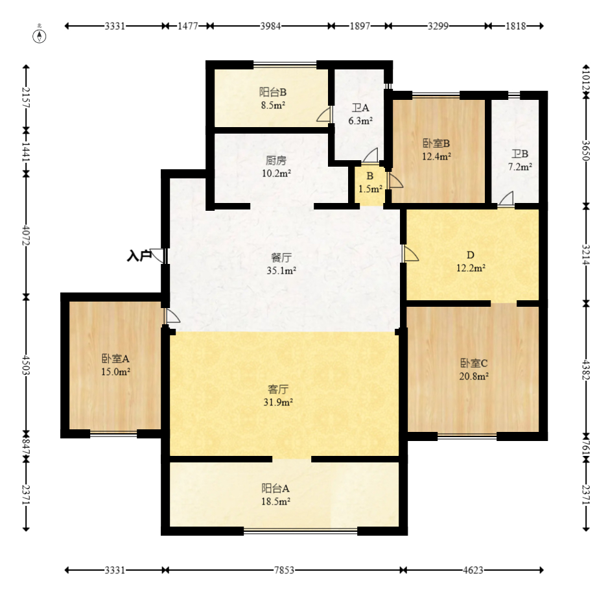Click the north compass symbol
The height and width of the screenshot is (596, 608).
click(39, 35)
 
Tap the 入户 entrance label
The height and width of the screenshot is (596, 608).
click(139, 256)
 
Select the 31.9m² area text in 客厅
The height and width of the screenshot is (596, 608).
click(278, 402)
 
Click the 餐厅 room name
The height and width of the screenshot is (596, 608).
click(281, 257)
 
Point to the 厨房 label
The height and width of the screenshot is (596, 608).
click(276, 160)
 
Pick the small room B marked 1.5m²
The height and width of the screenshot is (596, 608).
click(370, 182)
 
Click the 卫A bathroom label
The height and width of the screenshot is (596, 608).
click(360, 108)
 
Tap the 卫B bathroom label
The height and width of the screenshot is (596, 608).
click(520, 154)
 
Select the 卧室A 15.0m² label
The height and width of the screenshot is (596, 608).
click(115, 364)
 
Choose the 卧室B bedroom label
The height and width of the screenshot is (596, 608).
click(436, 143)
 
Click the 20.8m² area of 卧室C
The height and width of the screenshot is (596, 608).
click(474, 376)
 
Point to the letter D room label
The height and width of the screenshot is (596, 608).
click(471, 255)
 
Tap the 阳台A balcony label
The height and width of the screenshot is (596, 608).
click(275, 488)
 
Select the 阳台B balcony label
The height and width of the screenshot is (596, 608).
click(273, 92)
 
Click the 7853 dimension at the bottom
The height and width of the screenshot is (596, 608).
click(284, 570)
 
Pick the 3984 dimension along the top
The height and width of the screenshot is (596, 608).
click(270, 26)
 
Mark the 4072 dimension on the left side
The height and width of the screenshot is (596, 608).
click(26, 235)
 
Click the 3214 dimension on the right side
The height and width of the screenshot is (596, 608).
click(586, 254)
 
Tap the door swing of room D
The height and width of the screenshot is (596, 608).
click(411, 253)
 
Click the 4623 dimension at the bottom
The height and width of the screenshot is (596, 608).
click(473, 570)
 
